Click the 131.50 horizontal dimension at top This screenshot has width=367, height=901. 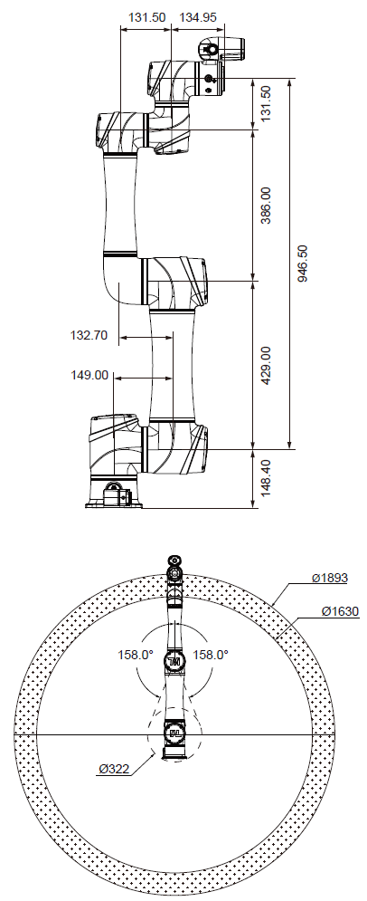(x=146, y=17)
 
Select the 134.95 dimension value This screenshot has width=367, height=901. (x=198, y=17)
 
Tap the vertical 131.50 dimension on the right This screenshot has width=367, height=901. (x=265, y=105)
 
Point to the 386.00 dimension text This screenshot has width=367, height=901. (x=265, y=206)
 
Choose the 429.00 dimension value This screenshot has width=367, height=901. (x=265, y=365)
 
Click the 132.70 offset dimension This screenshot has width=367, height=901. (x=89, y=335)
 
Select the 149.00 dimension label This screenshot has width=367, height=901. (x=89, y=374)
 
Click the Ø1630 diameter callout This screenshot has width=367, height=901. (x=340, y=611)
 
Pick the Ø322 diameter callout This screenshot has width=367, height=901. (x=116, y=769)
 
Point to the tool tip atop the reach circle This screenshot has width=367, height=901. (x=174, y=566)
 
